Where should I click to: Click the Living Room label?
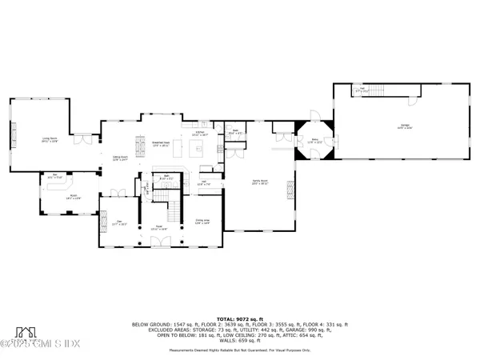tap(50, 138)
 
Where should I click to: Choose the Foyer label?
tap(156, 229)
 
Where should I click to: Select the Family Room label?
tap(259, 183)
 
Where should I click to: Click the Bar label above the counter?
tap(57, 176)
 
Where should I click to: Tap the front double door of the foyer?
tap(156, 244)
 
